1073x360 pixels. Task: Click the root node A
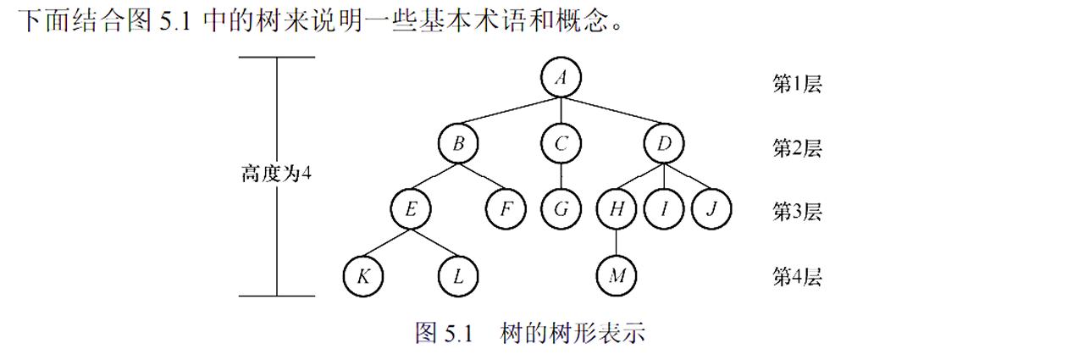(x=560, y=78)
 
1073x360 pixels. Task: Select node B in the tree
(x=458, y=143)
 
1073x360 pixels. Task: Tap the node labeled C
(x=560, y=143)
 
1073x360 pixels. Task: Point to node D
(x=664, y=143)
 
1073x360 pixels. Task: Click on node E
(x=411, y=208)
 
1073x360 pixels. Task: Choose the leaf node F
(x=506, y=208)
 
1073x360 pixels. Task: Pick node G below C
(x=560, y=208)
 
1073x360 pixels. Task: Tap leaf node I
(x=664, y=208)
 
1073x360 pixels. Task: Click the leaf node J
(x=711, y=208)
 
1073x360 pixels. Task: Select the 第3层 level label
(x=797, y=211)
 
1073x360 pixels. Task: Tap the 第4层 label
(x=797, y=276)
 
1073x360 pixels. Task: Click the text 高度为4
(x=277, y=174)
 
